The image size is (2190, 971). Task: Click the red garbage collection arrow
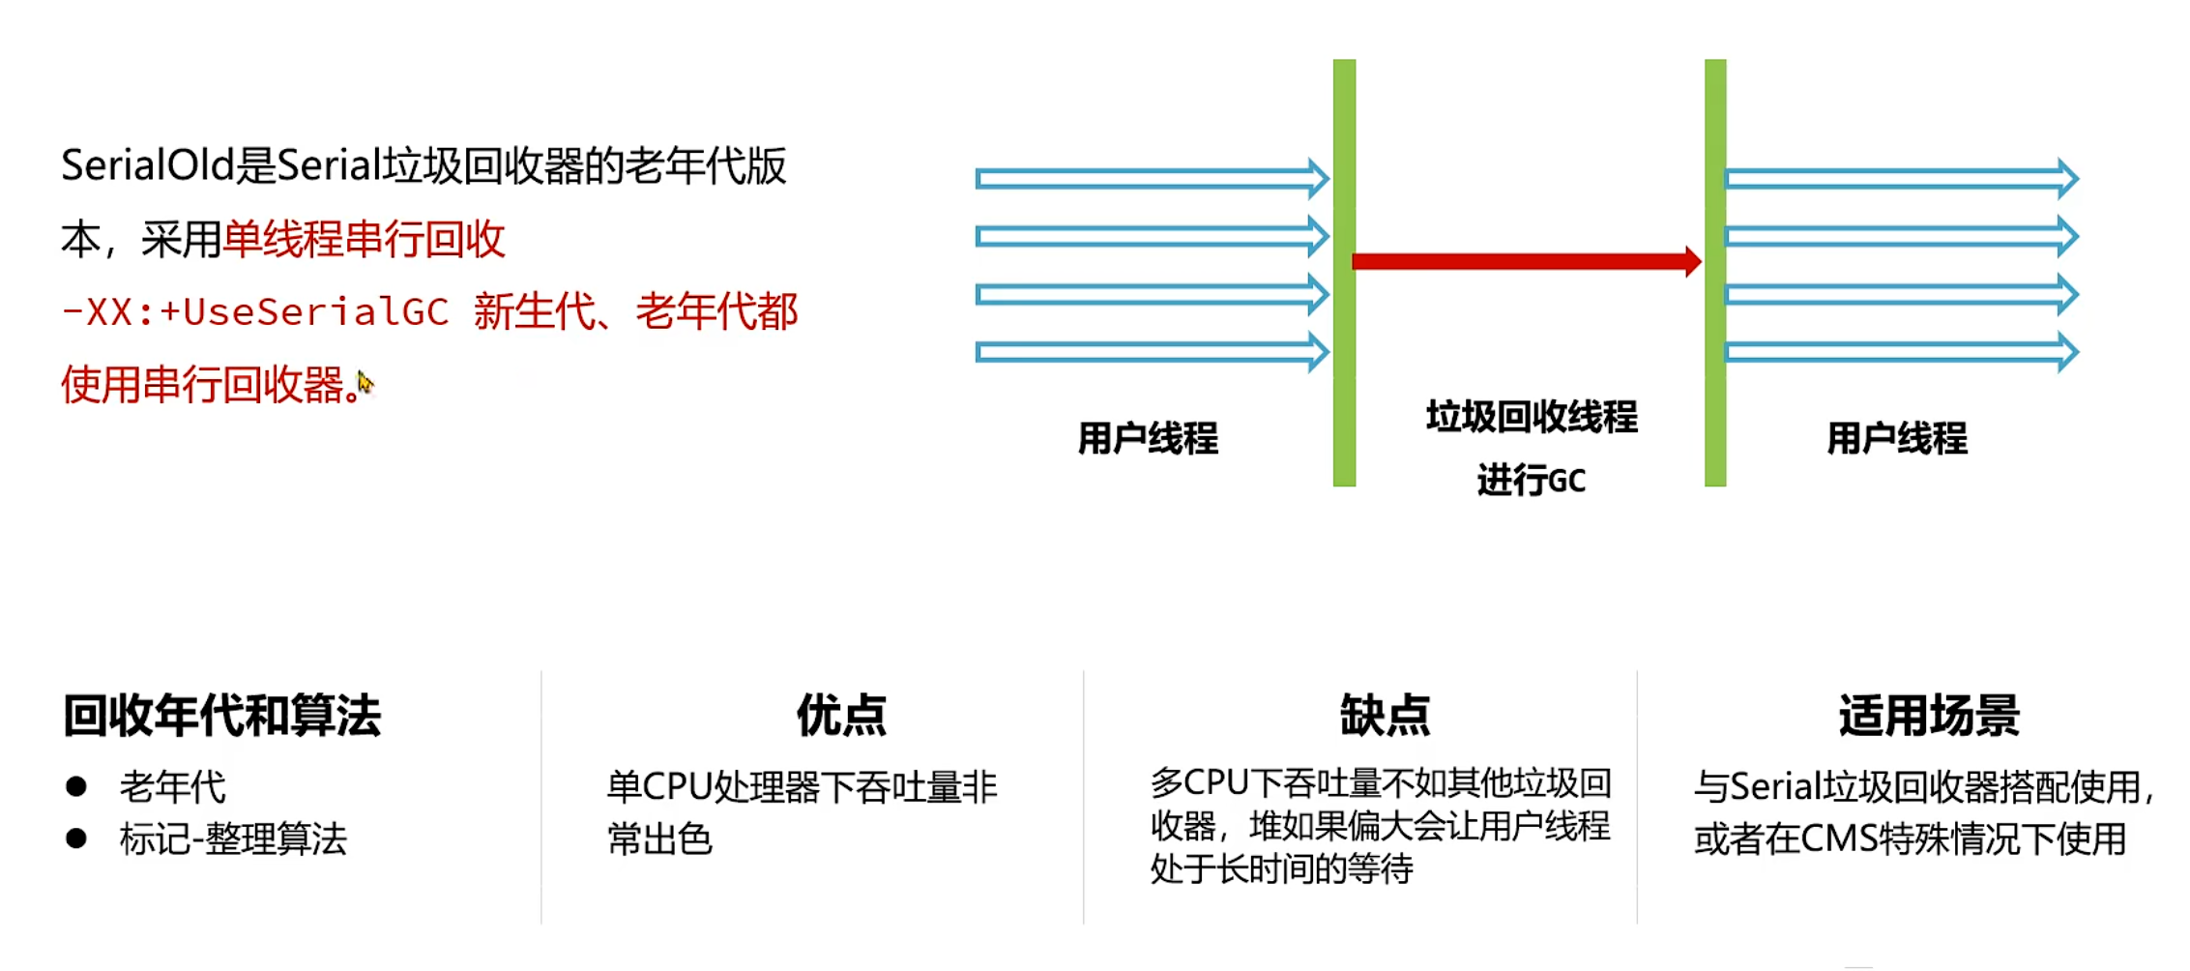[1526, 261]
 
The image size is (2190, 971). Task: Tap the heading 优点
[841, 716]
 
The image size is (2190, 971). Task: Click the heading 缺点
[1385, 716]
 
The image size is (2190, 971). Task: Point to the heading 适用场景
[1929, 716]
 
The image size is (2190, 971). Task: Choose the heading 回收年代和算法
[222, 716]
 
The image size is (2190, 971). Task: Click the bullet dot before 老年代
[76, 786]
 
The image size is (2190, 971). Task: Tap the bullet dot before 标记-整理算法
[76, 838]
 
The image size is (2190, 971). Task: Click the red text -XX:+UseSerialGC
[255, 312]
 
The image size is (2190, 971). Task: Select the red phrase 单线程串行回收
[364, 239]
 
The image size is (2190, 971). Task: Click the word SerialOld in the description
[147, 166]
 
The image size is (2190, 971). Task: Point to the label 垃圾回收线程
[1532, 417]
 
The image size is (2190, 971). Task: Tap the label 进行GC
[1532, 480]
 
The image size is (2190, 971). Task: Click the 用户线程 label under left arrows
[1148, 438]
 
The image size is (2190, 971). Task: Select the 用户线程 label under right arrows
[1896, 438]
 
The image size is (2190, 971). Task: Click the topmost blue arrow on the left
[1151, 179]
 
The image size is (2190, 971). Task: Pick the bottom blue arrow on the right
[1900, 352]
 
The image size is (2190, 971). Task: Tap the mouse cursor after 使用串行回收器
[365, 383]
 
